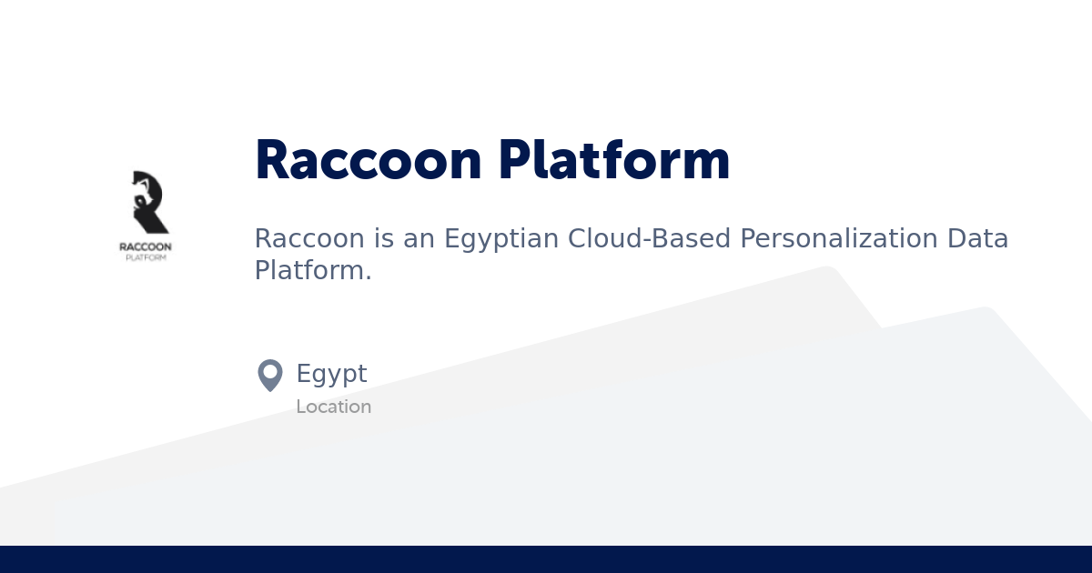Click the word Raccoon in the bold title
(x=368, y=161)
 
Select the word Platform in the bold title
(x=614, y=161)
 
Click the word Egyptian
(x=500, y=240)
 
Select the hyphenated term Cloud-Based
(x=650, y=238)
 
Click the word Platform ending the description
(x=309, y=270)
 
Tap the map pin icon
(x=270, y=375)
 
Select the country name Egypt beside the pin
(x=331, y=375)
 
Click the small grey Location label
(x=333, y=407)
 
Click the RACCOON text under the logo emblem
(x=146, y=246)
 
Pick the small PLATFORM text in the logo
(x=146, y=257)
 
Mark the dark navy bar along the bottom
(x=546, y=559)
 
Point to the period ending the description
(x=369, y=276)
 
